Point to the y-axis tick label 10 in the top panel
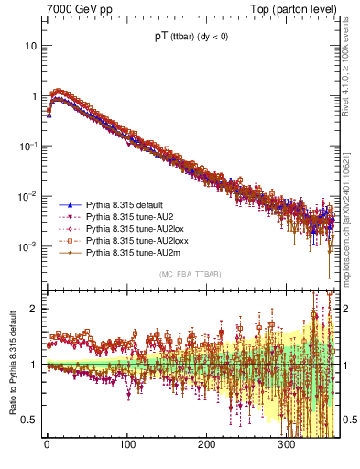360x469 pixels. coord(29,45)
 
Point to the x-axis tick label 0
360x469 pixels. coord(47,445)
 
